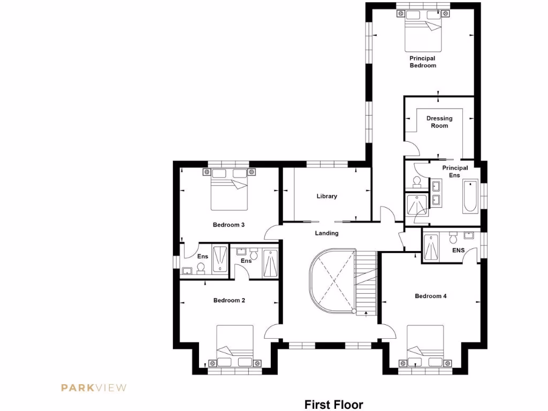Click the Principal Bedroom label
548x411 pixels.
pos(423,62)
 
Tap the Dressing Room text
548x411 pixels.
pos(439,122)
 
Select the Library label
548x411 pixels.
pos(326,196)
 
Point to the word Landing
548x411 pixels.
pos(326,233)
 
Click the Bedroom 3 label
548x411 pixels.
pos(229,225)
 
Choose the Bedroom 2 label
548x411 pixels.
pos(229,300)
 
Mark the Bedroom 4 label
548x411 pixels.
pos(431,296)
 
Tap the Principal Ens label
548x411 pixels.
pos(455,171)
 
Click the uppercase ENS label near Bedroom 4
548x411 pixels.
pos(458,250)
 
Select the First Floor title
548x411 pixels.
pos(333,404)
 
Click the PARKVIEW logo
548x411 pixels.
pos(94,387)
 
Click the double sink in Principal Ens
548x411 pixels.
pos(436,193)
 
